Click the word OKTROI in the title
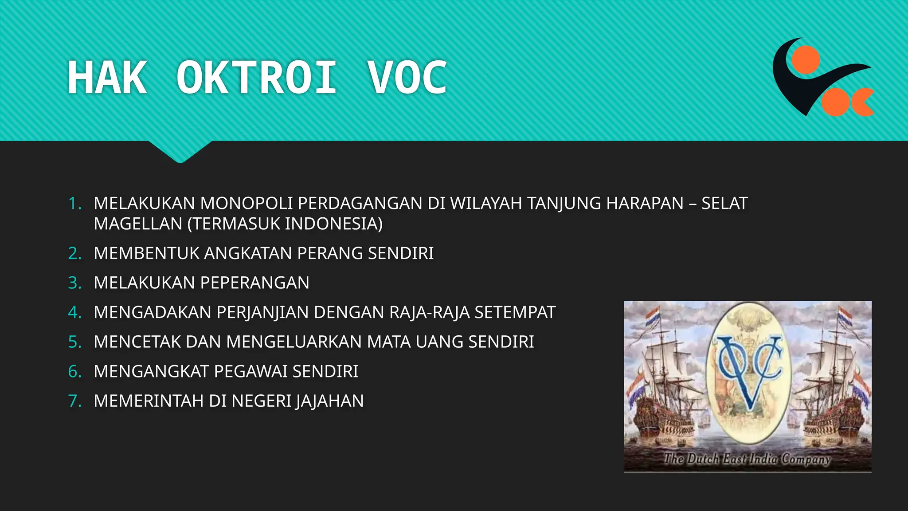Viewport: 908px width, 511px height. (256, 78)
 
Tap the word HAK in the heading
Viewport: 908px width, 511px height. (107, 78)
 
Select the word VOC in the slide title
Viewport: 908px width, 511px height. (407, 78)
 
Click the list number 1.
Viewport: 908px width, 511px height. (74, 204)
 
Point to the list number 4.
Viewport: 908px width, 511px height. (74, 312)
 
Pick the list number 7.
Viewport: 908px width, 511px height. (74, 401)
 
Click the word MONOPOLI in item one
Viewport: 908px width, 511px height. (246, 204)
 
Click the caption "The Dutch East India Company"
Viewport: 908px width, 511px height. (747, 459)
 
